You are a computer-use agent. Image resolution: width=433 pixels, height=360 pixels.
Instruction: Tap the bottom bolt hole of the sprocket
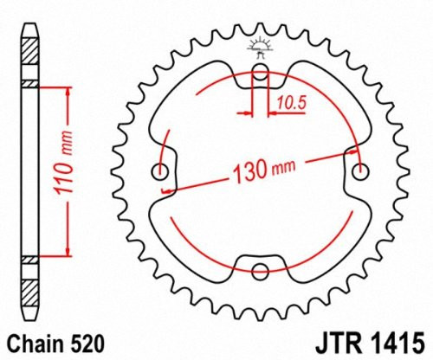click(259, 271)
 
